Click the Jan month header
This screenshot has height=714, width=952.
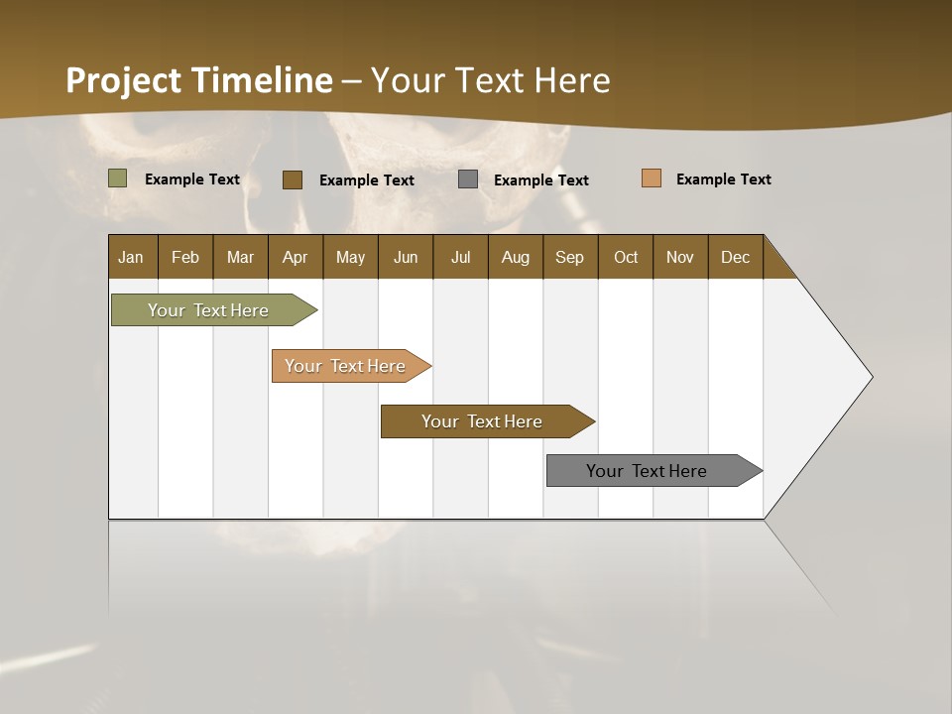click(132, 257)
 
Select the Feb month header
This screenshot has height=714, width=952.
click(185, 257)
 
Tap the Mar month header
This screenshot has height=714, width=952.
click(240, 257)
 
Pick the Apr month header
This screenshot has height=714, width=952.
click(296, 257)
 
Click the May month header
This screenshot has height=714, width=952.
click(350, 257)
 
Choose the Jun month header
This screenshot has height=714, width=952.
click(406, 257)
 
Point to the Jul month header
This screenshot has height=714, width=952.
click(460, 257)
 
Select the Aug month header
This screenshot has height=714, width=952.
click(516, 257)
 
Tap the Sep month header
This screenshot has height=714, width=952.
click(570, 257)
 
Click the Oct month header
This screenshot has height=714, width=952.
click(626, 257)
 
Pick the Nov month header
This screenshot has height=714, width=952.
click(680, 257)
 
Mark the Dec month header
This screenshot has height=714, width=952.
click(736, 257)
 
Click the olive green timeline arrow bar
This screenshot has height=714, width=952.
click(209, 310)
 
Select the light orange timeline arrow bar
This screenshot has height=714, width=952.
click(346, 366)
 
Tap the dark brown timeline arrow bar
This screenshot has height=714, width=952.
click(483, 421)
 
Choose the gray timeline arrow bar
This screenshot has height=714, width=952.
click(648, 471)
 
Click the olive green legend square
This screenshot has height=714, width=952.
click(118, 178)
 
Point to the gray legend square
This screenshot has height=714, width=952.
click(468, 179)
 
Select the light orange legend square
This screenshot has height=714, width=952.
click(652, 178)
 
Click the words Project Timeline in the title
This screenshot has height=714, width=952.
click(199, 80)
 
